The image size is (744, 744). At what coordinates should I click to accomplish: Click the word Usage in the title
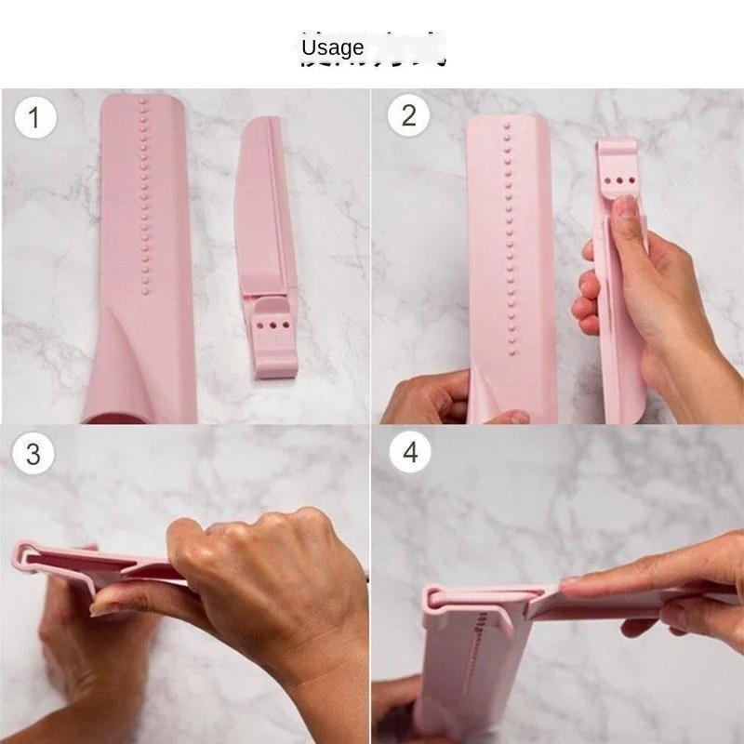(x=332, y=47)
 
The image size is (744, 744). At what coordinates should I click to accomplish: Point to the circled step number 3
(x=33, y=454)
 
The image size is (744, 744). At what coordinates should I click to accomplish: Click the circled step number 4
(x=409, y=453)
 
